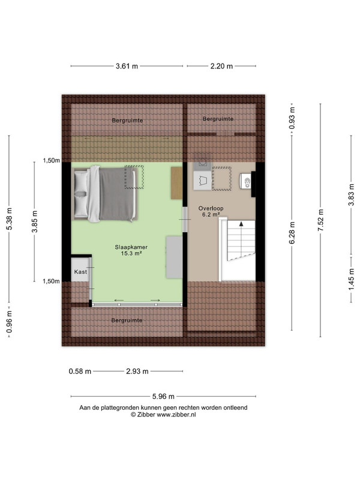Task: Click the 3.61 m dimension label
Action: pos(127,66)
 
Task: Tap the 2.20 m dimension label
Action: pos(221,66)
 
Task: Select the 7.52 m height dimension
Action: pos(320,220)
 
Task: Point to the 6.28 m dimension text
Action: pos(292,233)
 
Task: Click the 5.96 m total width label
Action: pos(163,397)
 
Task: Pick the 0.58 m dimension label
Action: pos(80,371)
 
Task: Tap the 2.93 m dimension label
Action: pos(137,371)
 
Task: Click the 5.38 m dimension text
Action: pos(9,218)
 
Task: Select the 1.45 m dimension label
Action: pos(352,279)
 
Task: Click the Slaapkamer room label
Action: pos(131,247)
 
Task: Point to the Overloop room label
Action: pos(211,208)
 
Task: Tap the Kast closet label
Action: pos(80,272)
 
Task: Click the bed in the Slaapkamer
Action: pos(104,193)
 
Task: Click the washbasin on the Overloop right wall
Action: pos(245,182)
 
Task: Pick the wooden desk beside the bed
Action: pos(176,183)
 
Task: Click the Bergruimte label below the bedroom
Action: pos(127,320)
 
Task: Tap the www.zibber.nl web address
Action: pos(176,415)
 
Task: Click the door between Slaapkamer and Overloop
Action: pos(185,220)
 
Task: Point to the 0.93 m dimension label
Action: pos(292,118)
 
